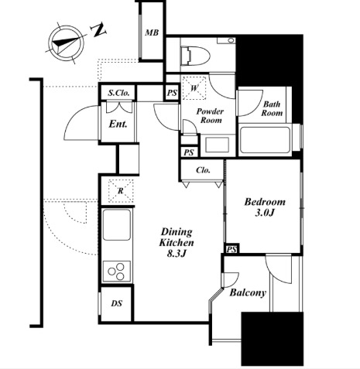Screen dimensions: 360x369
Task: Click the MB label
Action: pos(152,32)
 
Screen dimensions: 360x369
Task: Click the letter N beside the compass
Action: pos(98,30)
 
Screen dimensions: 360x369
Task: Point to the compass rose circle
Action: pos(67,43)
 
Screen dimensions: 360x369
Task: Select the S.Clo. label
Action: pos(118,93)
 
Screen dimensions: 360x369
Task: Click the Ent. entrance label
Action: pos(118,124)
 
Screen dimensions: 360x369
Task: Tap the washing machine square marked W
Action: pos(194,88)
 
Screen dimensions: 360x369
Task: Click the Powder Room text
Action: pos(210,116)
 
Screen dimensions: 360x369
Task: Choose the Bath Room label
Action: pos(272,108)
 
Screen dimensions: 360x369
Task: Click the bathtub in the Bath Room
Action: pos(265,140)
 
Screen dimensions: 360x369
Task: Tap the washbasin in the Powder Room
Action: pos(217,145)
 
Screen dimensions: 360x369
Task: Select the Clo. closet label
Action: pos(203,170)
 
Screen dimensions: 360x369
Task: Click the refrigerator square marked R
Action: pos(121,191)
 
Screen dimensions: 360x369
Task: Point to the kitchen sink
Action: pos(116,224)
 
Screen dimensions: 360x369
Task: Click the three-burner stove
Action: pos(117,271)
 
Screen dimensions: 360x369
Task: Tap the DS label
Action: pos(117,303)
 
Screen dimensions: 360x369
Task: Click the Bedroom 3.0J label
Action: pos(265,207)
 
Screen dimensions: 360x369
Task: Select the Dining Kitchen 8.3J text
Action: pos(177,242)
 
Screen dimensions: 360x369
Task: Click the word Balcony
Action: pos(248,292)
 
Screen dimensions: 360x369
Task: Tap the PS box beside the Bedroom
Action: pos(231,249)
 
